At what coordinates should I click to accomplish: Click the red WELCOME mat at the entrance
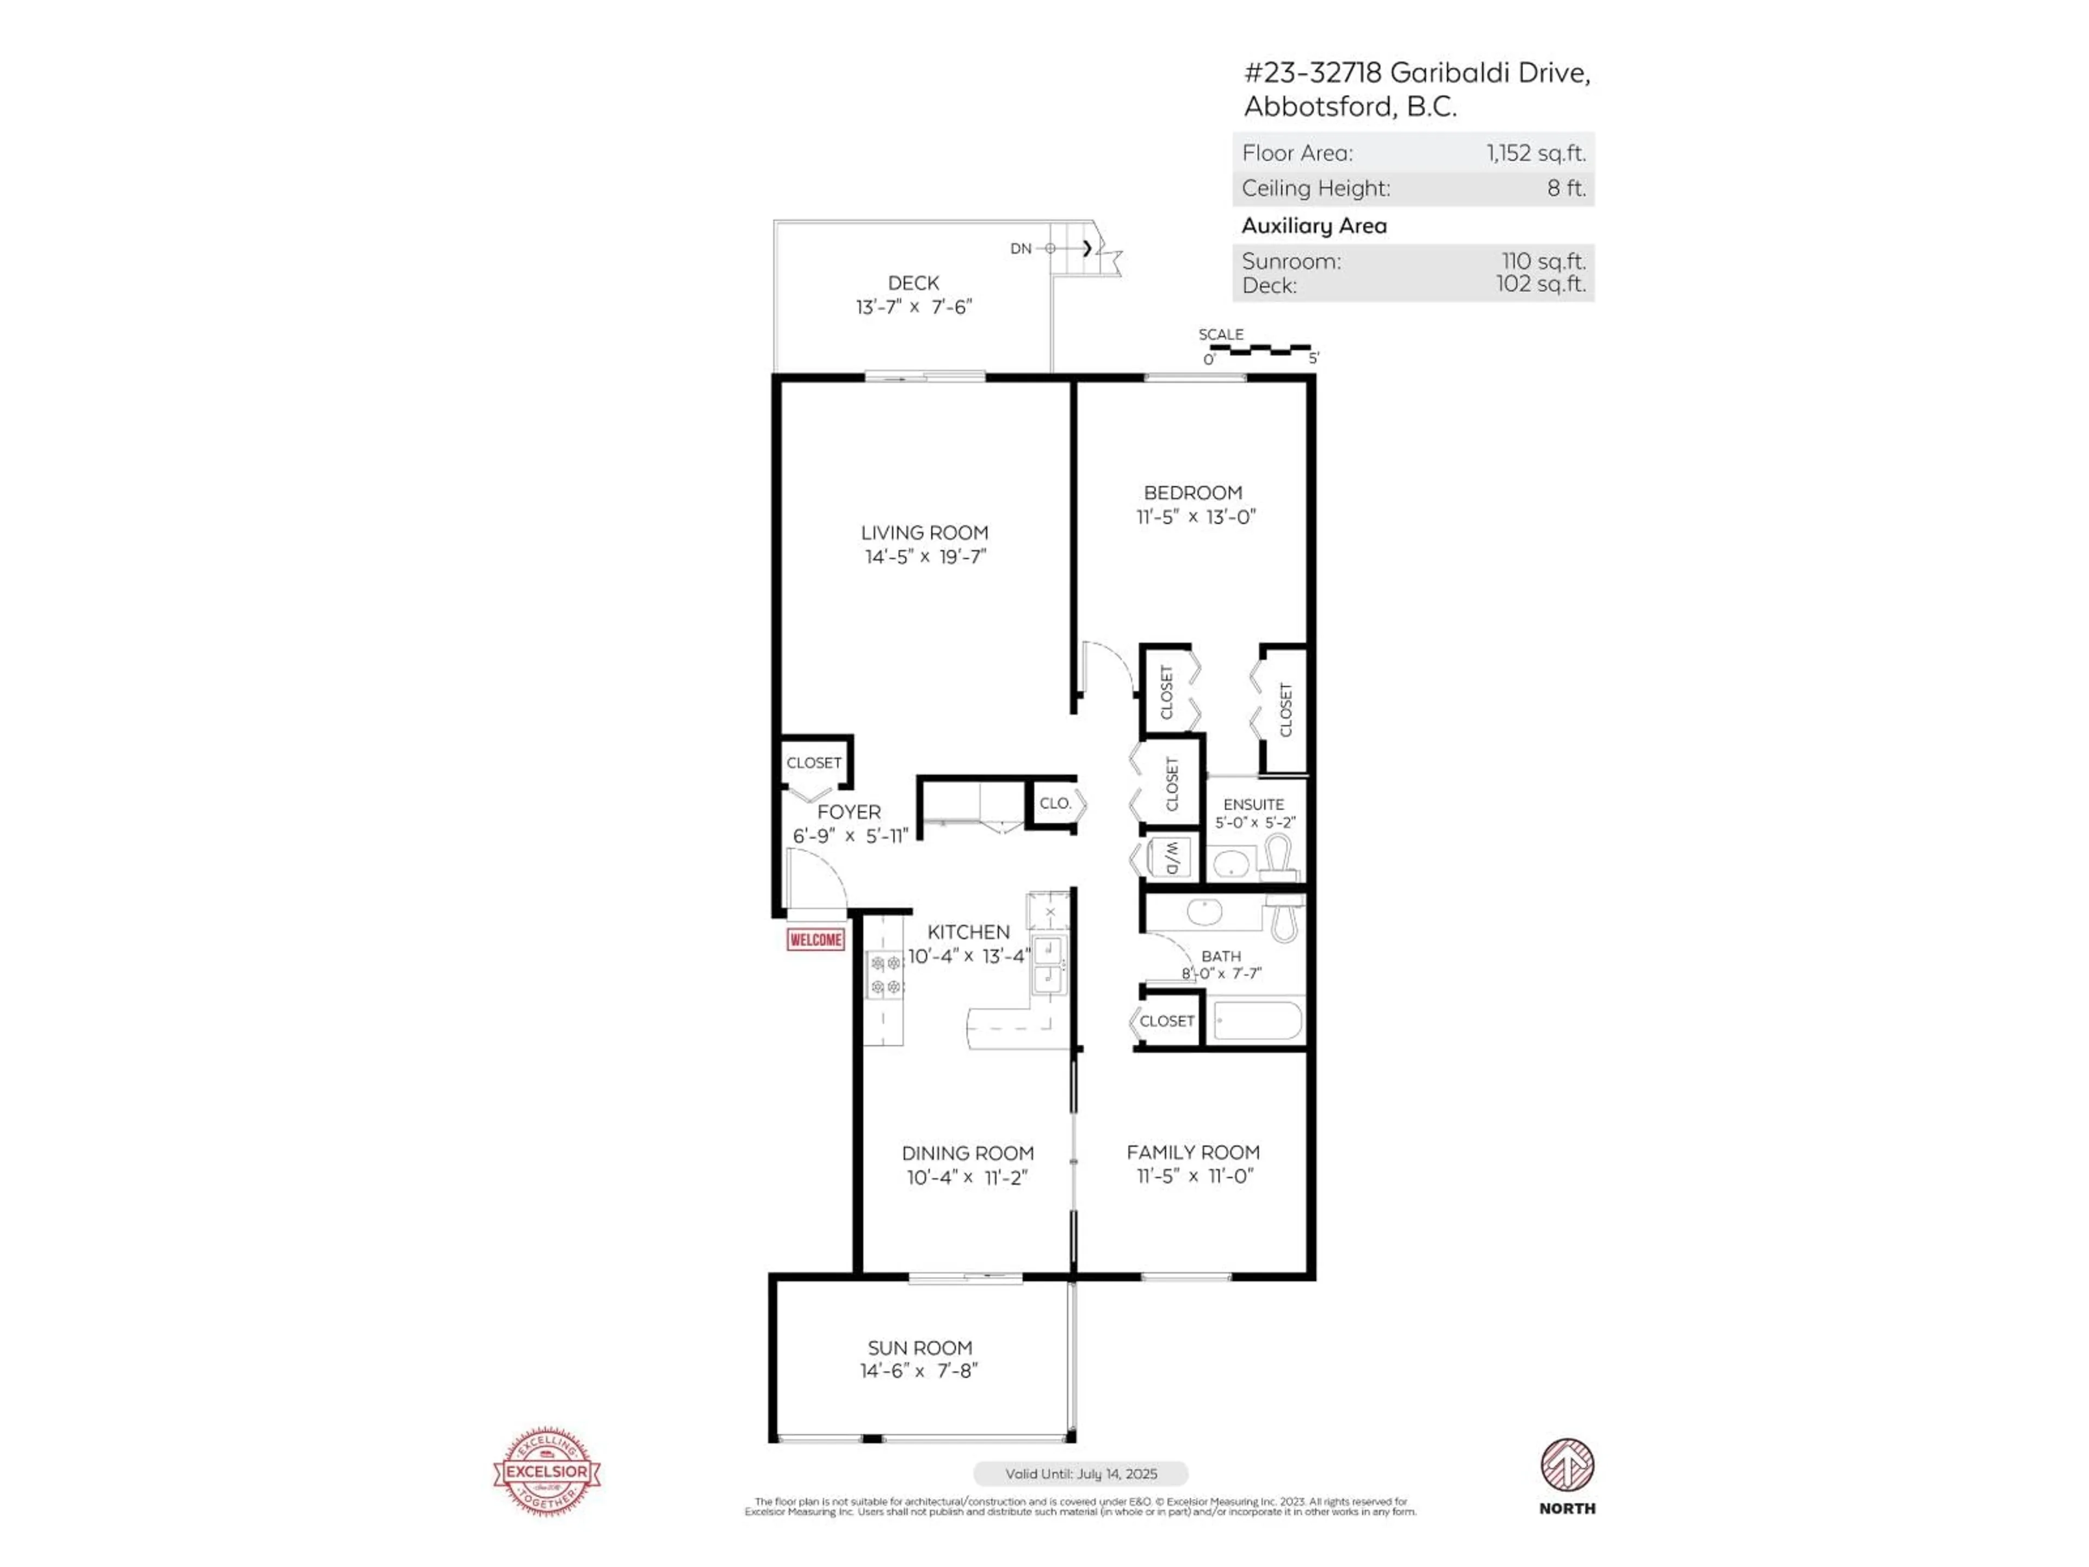point(815,939)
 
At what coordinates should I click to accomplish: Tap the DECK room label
point(913,282)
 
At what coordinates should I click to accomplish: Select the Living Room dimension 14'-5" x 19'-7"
point(925,556)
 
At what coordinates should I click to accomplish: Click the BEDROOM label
point(1193,492)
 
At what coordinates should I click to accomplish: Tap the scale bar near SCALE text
point(1260,349)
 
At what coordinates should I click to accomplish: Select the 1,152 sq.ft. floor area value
point(1535,153)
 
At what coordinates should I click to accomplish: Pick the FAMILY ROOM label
point(1193,1152)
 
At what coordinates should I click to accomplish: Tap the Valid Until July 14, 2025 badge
point(1080,1473)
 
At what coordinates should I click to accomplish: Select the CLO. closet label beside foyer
point(1055,803)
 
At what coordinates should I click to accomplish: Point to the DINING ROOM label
point(967,1153)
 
